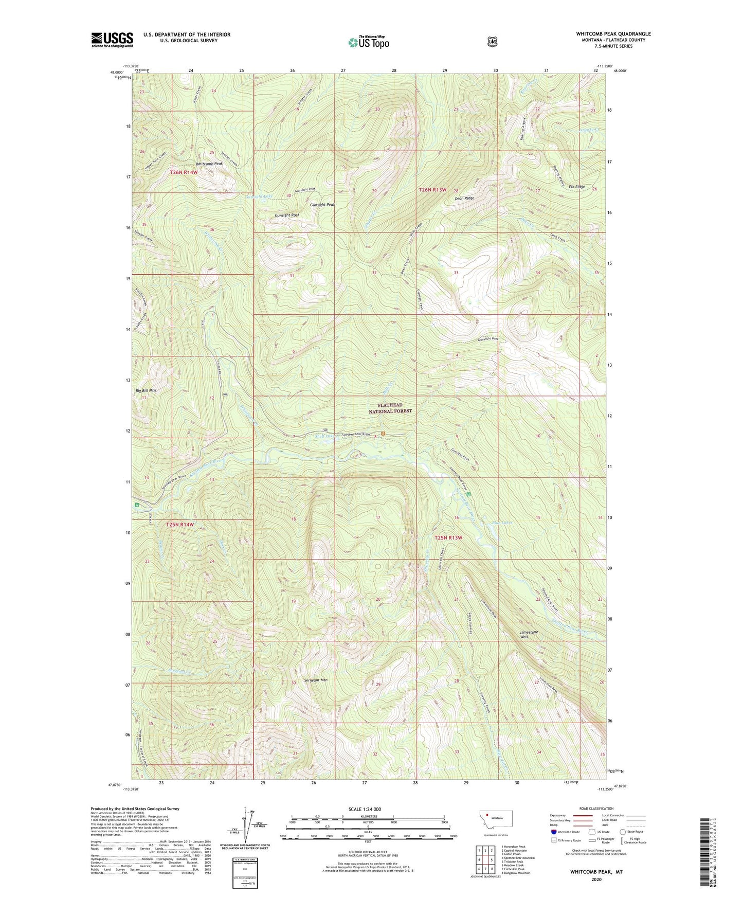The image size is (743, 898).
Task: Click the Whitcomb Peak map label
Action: [x=209, y=164]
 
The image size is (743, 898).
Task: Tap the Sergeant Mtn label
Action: [x=313, y=680]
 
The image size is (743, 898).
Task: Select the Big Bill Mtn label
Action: [x=146, y=390]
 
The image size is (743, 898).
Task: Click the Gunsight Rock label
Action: [x=287, y=215]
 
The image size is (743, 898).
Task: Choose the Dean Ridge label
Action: [x=464, y=198]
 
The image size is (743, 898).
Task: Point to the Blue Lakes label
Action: [x=502, y=523]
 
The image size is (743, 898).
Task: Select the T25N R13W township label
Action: [x=448, y=537]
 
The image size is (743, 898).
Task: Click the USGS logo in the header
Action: [x=112, y=40]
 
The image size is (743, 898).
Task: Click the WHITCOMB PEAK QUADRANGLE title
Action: [x=613, y=34]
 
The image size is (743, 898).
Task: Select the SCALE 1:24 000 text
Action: [x=365, y=809]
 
